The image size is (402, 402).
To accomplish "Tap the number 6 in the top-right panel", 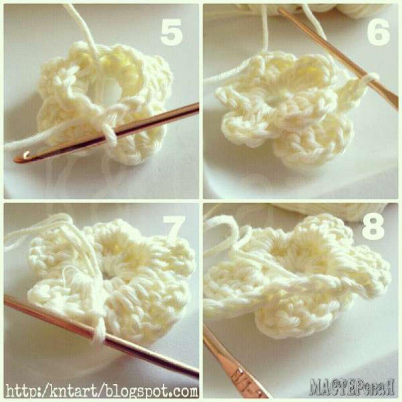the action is click(x=378, y=32).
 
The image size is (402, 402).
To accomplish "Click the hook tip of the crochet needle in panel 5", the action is click(x=26, y=155).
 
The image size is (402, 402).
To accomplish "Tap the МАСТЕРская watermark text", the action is click(x=351, y=386).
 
